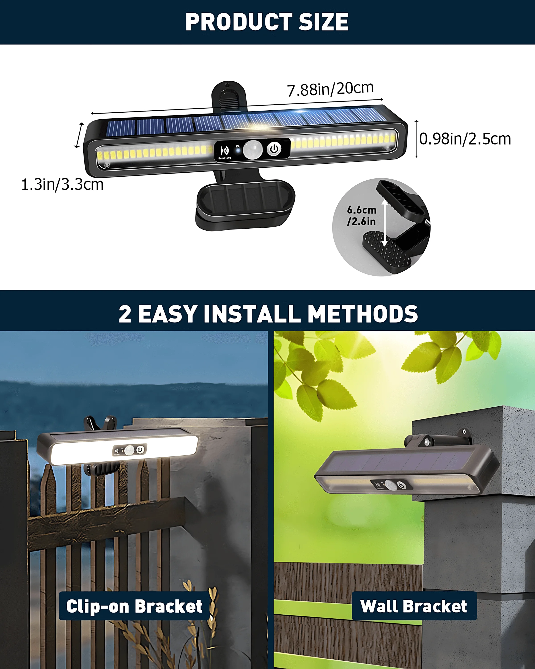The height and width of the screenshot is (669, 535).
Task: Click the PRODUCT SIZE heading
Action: tap(267, 22)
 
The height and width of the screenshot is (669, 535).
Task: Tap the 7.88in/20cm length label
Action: tap(330, 89)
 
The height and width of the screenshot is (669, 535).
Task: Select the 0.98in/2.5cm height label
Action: tap(465, 139)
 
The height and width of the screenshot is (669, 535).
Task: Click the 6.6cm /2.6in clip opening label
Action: tap(362, 216)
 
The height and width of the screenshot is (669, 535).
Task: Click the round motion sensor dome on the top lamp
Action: tap(253, 149)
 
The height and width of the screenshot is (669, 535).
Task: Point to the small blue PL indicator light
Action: tap(238, 151)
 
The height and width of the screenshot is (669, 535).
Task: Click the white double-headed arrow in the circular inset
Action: tap(384, 223)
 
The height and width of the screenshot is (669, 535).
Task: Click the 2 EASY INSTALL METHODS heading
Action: tap(268, 314)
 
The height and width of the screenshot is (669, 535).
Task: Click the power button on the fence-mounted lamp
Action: tap(140, 449)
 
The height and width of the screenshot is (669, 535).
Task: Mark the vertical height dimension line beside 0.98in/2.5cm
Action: tap(417, 139)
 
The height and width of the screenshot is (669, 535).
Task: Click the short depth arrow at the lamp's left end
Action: tap(79, 135)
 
